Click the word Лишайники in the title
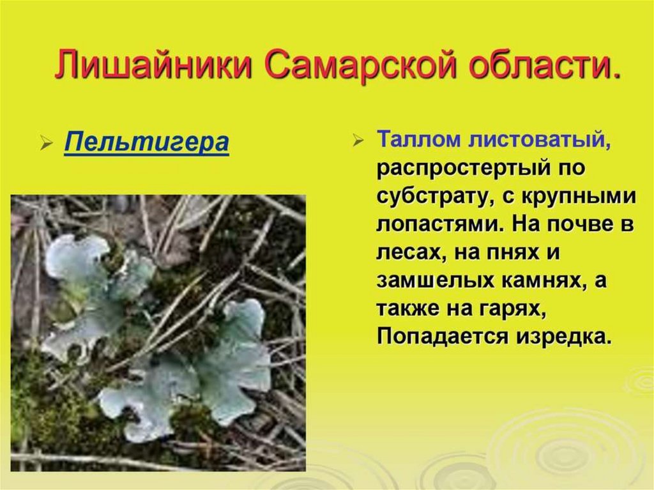pos(154,65)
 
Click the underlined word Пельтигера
pos(147,142)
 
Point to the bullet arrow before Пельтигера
pos(46,143)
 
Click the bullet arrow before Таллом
pos(358,141)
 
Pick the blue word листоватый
pos(539,140)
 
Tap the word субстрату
pos(437,197)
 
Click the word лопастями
pos(441,225)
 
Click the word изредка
pos(564,336)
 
